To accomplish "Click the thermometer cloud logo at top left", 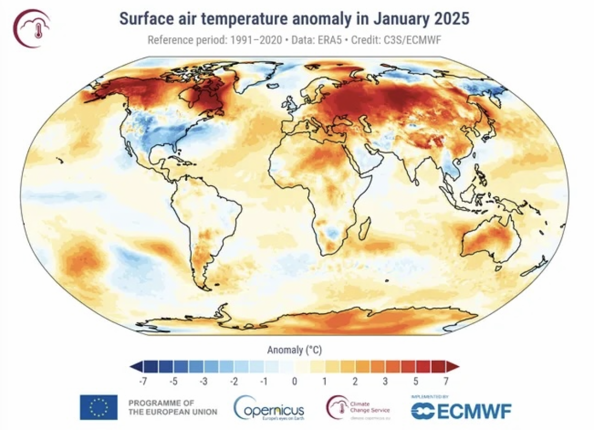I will click(31, 28).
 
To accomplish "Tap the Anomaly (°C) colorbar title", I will click(294, 351).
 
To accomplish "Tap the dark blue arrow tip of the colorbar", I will click(134, 367).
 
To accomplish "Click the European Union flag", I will click(99, 407).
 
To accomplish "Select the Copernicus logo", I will click(269, 407).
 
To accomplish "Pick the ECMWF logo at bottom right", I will click(460, 409).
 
